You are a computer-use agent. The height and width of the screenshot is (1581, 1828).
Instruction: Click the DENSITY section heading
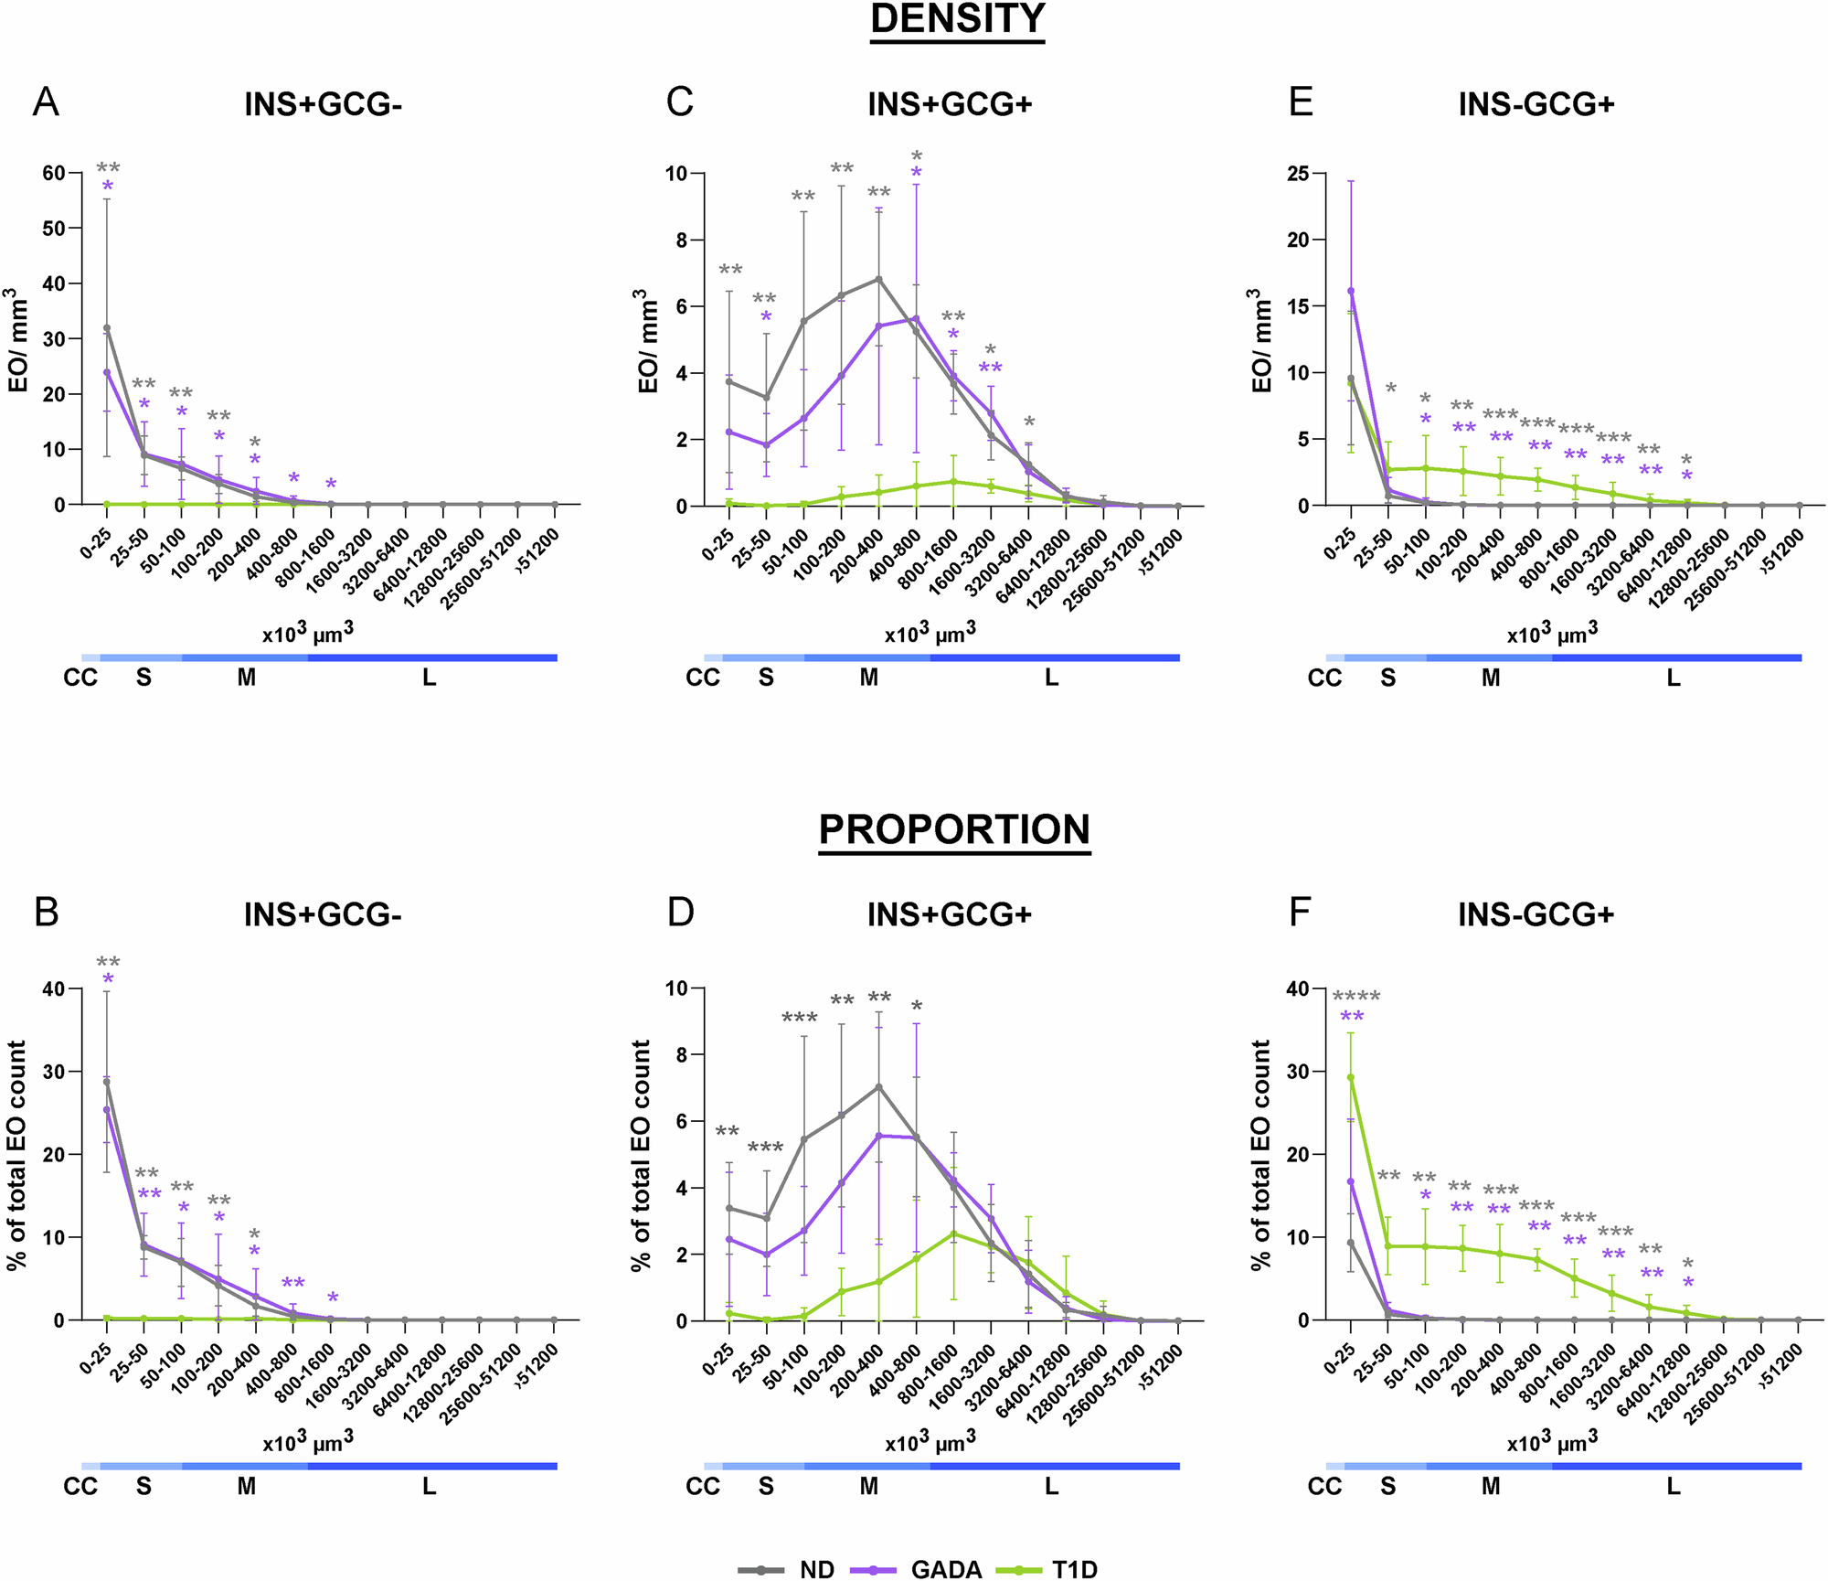coord(957,20)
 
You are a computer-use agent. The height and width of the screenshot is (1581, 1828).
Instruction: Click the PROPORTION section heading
coord(954,829)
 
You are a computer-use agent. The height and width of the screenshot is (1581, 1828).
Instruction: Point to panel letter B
coord(46,912)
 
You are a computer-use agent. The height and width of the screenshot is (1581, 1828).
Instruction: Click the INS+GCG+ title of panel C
coord(950,104)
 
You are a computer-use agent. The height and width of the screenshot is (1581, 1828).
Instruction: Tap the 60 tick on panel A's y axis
coord(53,173)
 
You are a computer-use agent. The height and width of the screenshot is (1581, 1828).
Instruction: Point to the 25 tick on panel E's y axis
coord(1297,173)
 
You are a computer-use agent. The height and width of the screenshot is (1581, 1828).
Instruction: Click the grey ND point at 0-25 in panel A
coord(107,328)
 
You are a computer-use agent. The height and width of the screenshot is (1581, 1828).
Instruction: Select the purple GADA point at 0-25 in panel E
coord(1351,291)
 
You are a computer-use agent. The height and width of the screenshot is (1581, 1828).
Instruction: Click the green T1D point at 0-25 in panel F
coord(1351,1077)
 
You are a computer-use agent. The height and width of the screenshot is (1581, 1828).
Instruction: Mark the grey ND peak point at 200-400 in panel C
coord(879,279)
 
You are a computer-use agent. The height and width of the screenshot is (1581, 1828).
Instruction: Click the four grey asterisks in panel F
coord(1356,997)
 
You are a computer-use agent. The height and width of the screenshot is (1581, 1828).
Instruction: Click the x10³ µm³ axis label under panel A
coord(308,633)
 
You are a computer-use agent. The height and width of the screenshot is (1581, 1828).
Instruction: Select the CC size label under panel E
coord(1324,678)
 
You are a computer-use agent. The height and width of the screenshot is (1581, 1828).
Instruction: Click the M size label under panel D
coord(868,1487)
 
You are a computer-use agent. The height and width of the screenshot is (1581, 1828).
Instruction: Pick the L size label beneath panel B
coord(429,1487)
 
